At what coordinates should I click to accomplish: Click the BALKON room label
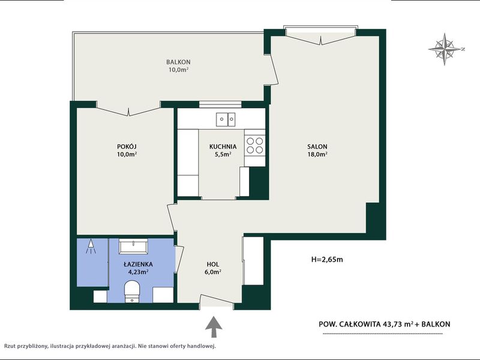pos(178,62)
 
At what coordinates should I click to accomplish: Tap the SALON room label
pos(317,146)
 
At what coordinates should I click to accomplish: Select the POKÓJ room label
pos(127,146)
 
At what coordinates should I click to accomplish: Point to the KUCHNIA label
pos(223,146)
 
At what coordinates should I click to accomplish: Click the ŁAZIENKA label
pos(139,264)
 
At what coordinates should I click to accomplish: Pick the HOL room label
pos(213,264)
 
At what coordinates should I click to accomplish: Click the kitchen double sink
pos(226,119)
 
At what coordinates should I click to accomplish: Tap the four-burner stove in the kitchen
pos(254,145)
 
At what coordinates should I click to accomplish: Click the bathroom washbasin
pos(133,247)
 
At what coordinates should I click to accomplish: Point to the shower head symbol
pos(91,247)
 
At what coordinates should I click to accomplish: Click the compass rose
pos(445,49)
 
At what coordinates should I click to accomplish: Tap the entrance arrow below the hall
pos(214,327)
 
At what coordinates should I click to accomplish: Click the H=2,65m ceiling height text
pos(327,260)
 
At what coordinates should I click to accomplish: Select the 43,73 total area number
pos(393,324)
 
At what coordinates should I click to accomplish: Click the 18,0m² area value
pos(317,154)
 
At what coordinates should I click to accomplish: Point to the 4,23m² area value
pos(139,272)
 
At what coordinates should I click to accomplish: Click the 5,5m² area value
pos(223,154)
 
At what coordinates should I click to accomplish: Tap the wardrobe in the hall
pos(253,261)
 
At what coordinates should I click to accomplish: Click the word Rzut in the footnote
pos(9,347)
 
